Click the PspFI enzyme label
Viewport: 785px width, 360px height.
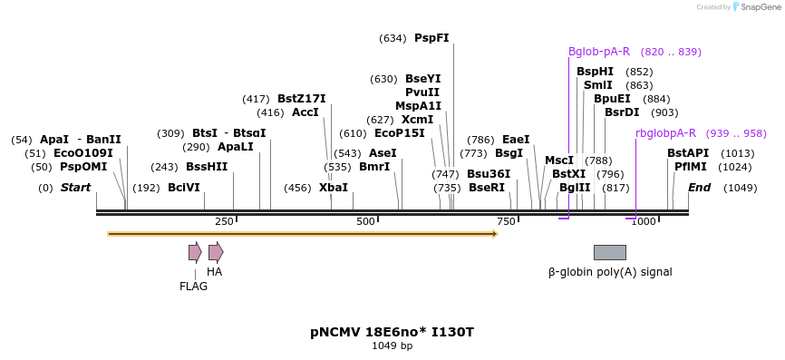pyautogui.click(x=431, y=38)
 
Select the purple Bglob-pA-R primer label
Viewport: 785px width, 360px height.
pyautogui.click(x=599, y=52)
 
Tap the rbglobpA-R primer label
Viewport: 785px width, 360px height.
pyautogui.click(x=665, y=133)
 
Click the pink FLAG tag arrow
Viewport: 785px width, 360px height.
pyautogui.click(x=195, y=252)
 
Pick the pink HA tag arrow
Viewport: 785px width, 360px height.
pyautogui.click(x=216, y=252)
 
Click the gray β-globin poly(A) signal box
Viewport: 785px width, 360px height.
pyautogui.click(x=609, y=252)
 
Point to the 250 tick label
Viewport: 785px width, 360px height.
pyautogui.click(x=224, y=222)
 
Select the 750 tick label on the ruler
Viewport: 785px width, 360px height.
pyautogui.click(x=506, y=222)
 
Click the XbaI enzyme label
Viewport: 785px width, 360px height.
pyautogui.click(x=334, y=188)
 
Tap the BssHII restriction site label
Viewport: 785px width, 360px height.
pyautogui.click(x=207, y=167)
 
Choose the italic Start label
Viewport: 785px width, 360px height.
pyautogui.click(x=75, y=188)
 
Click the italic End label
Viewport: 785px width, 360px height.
pyautogui.click(x=699, y=188)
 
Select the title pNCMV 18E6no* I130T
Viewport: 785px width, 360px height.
pyautogui.click(x=392, y=332)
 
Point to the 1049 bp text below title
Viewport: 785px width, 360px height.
pyautogui.click(x=392, y=345)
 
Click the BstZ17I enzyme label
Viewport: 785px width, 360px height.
pyautogui.click(x=301, y=99)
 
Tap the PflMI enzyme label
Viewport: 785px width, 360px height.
pyautogui.click(x=690, y=167)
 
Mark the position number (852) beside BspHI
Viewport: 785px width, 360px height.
pyautogui.click(x=639, y=72)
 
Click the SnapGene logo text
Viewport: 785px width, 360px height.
pyautogui.click(x=761, y=7)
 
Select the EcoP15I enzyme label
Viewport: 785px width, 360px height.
pyautogui.click(x=400, y=133)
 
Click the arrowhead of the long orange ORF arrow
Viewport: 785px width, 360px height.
pyautogui.click(x=495, y=234)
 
